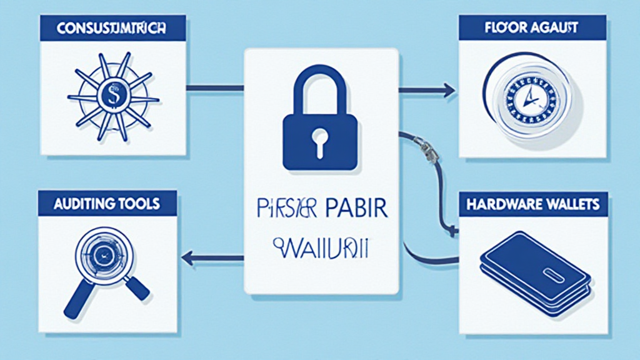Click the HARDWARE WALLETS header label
[x=533, y=204]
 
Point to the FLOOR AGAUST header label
[x=533, y=27]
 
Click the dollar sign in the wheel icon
[x=112, y=97]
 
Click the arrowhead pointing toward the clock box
[x=450, y=91]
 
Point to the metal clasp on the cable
[x=428, y=150]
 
